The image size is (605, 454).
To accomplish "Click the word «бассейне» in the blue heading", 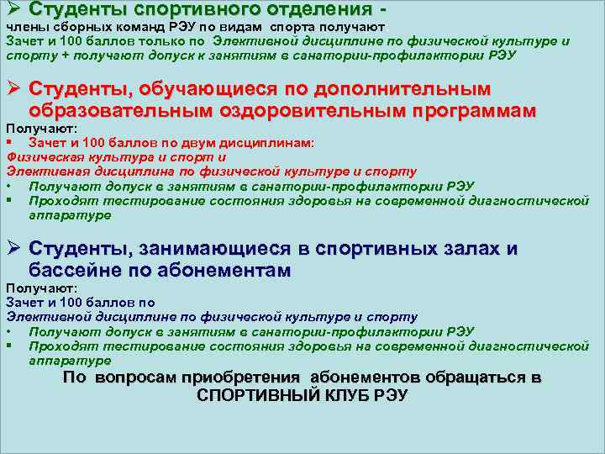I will (x=73, y=271).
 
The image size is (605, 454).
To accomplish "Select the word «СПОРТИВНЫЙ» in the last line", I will (x=260, y=395).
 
